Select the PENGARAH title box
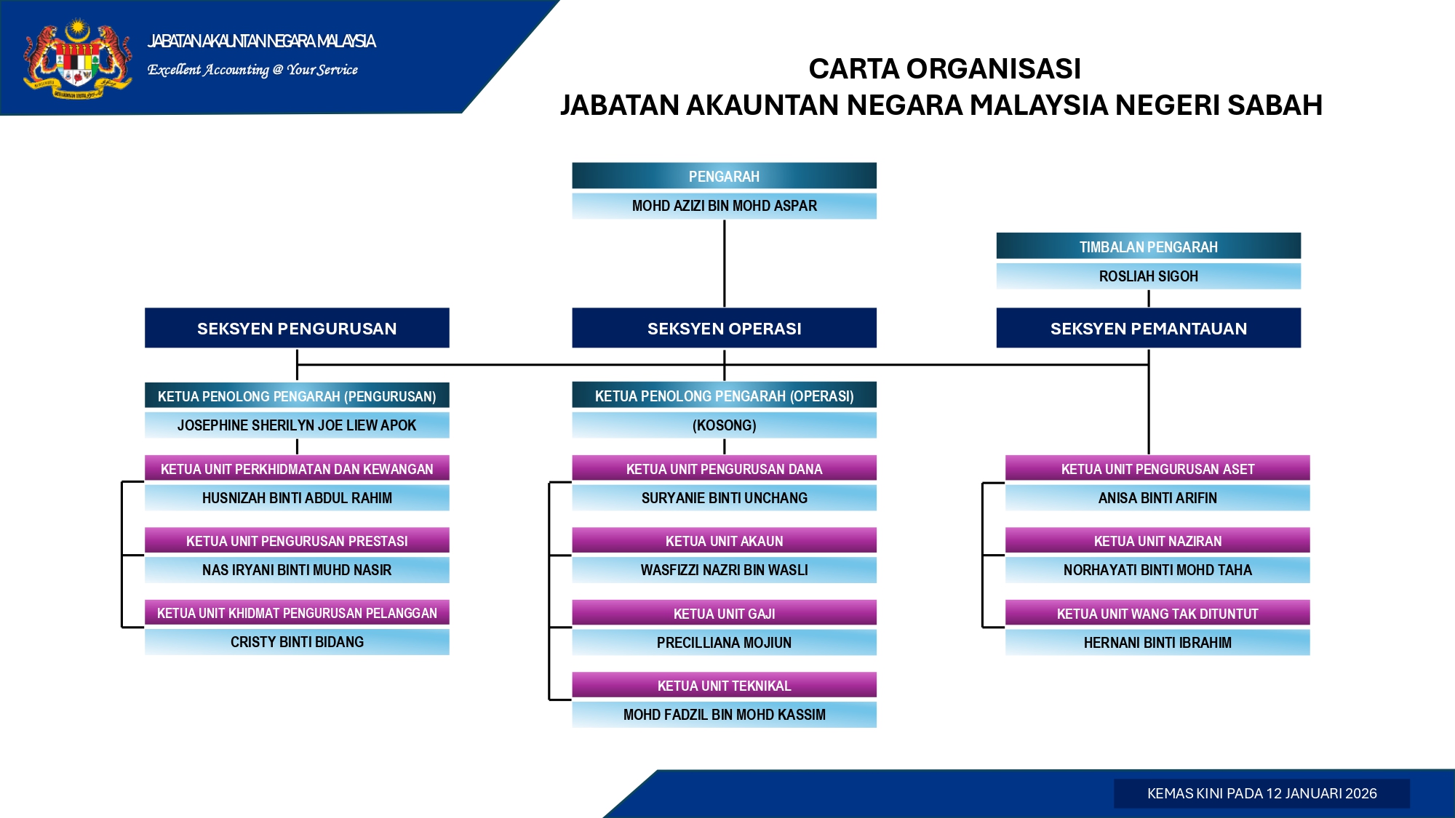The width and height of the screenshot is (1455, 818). tap(724, 176)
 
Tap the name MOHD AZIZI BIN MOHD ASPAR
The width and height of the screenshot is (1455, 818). tap(724, 206)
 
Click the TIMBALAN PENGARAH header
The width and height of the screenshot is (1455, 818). tap(1148, 246)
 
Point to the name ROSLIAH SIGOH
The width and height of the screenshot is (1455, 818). tap(1148, 276)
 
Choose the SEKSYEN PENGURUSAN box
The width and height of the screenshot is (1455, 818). tap(297, 328)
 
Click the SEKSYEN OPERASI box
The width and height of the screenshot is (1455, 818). tap(724, 328)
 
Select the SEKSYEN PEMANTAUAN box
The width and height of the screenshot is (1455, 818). tap(1148, 328)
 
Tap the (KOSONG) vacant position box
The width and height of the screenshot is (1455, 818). tap(724, 425)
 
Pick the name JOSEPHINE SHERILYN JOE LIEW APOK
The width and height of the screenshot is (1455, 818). tap(297, 425)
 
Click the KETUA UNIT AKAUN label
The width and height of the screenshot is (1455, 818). tap(724, 541)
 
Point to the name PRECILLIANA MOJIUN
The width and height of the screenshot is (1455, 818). tap(724, 643)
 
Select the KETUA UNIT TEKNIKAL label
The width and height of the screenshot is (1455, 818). tap(724, 686)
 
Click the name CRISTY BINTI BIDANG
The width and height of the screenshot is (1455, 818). tap(297, 642)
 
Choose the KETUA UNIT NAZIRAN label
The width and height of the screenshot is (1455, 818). tap(1157, 541)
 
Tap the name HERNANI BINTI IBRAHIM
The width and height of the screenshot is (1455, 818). tap(1157, 643)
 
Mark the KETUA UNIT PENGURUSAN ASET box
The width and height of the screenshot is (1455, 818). tap(1157, 469)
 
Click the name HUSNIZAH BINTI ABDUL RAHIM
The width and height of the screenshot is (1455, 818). tap(297, 498)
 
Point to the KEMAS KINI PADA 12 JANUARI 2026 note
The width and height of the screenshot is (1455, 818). tap(1261, 793)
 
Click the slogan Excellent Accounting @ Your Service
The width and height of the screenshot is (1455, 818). tap(252, 70)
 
